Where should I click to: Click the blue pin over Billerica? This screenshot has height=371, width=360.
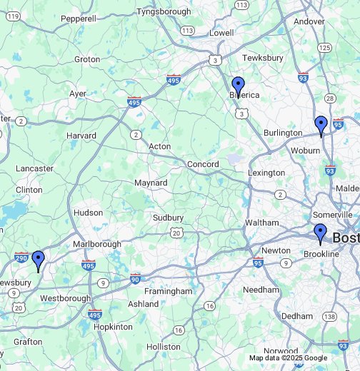[239, 86]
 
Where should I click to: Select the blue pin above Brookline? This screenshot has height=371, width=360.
[320, 233]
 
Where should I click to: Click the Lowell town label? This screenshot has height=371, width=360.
[221, 33]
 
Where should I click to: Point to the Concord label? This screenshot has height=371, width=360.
[202, 164]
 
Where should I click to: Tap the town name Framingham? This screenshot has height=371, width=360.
[168, 291]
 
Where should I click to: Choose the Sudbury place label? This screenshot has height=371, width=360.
[169, 218]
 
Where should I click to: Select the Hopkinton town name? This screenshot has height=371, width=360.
[113, 326]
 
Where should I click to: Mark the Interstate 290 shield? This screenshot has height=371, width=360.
[21, 258]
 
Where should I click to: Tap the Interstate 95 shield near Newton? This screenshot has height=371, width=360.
[258, 263]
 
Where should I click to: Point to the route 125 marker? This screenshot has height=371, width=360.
[325, 48]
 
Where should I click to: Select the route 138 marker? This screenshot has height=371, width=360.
[329, 316]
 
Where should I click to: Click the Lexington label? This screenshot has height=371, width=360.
[266, 173]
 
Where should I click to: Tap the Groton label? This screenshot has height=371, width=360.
[87, 59]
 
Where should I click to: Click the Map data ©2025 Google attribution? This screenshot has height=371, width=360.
[288, 358]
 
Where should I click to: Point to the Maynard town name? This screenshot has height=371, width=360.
[151, 183]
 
